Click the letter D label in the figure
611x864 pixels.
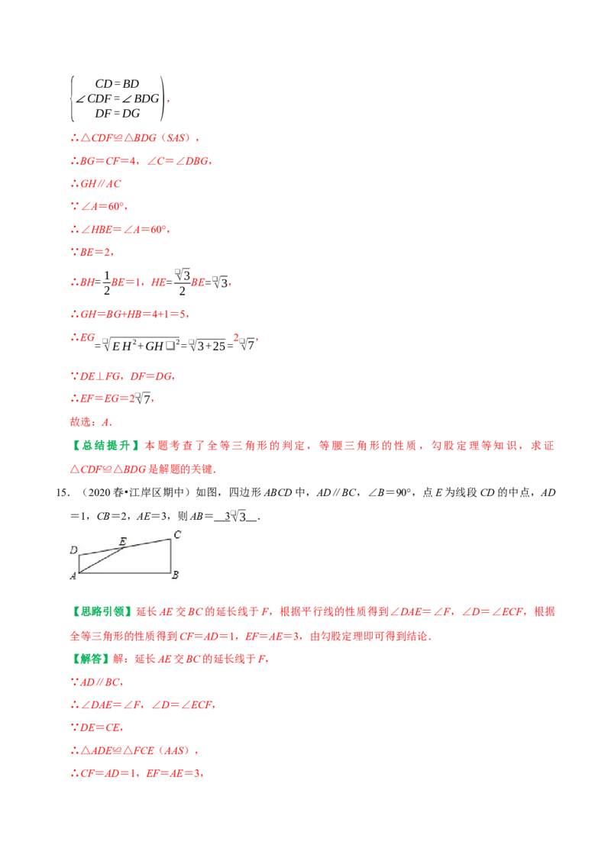click(x=73, y=550)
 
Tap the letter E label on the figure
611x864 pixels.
click(x=122, y=542)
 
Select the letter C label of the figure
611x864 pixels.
click(x=176, y=534)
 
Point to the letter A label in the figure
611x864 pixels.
click(x=73, y=576)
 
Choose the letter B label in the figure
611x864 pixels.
click(x=175, y=575)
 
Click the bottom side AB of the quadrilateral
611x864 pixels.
click(x=124, y=572)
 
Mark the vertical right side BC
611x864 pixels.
click(x=170, y=556)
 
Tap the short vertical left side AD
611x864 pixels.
click(x=79, y=563)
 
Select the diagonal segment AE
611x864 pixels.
click(x=102, y=559)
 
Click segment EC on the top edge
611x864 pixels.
click(x=147, y=543)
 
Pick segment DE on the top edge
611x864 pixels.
click(x=102, y=551)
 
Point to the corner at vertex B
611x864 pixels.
click(x=170, y=572)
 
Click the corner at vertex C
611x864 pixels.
click(x=170, y=539)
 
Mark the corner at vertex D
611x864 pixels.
click(x=79, y=555)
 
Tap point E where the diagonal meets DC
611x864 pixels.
click(x=124, y=547)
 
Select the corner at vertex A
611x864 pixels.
click(x=79, y=572)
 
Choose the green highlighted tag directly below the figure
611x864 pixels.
click(x=104, y=611)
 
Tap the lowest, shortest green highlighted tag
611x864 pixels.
click(x=91, y=658)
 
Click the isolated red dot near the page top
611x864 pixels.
click(x=168, y=101)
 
